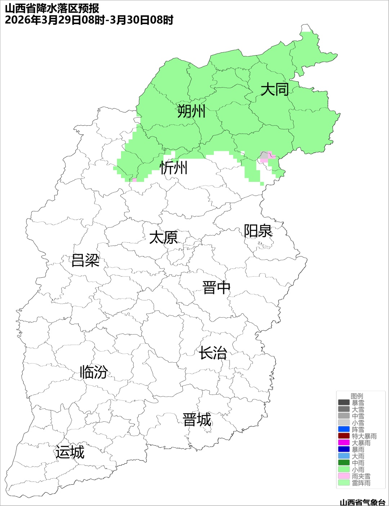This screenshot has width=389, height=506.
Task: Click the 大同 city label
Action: tap(274, 89)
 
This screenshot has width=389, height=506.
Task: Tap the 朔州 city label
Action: tap(191, 111)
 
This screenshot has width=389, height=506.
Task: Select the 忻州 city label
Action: tap(174, 168)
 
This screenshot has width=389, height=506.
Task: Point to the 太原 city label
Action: tap(164, 238)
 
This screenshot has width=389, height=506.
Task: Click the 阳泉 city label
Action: tap(258, 231)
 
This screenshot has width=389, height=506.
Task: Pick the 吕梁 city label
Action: tap(85, 260)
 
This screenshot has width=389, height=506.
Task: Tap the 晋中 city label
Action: tap(216, 288)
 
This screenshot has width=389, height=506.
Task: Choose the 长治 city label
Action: tap(213, 353)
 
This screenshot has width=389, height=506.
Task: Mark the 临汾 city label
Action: tap(94, 372)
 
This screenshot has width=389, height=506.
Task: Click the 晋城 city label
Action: tap(197, 420)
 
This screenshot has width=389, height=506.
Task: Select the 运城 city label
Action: tap(70, 452)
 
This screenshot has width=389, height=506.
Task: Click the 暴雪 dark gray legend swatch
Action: tap(344, 403)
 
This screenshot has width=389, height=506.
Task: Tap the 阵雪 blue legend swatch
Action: tap(344, 429)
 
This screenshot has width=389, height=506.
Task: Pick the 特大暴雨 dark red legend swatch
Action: tap(344, 436)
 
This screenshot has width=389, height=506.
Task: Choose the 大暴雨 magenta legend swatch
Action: tap(344, 443)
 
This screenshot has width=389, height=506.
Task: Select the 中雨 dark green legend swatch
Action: tap(344, 463)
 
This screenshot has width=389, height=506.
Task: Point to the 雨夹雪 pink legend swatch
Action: tap(344, 476)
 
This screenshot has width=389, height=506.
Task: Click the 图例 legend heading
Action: tap(357, 396)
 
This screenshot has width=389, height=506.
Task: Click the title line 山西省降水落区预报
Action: tap(52, 8)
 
